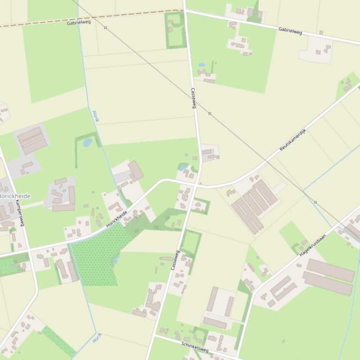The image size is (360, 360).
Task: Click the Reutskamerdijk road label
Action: [292, 139]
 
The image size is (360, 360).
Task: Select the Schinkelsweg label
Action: [195, 346]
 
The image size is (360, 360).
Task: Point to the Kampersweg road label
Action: [19, 213]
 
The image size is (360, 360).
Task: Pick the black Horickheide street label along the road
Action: [117, 219]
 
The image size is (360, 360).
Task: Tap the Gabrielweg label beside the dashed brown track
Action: [79, 22]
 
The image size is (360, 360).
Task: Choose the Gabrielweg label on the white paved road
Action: [290, 31]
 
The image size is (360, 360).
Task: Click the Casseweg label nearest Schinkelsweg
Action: [175, 260]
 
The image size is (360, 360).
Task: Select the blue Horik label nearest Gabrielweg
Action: [96, 116]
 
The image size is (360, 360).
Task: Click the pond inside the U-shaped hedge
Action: [88, 143]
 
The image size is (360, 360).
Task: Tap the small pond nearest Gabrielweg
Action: [202, 65]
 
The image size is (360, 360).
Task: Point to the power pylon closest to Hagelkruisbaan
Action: [315, 202]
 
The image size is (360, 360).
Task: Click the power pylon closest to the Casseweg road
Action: [210, 113]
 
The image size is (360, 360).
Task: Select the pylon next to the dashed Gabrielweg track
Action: [105, 28]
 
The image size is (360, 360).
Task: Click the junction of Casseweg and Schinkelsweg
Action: [154, 335]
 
